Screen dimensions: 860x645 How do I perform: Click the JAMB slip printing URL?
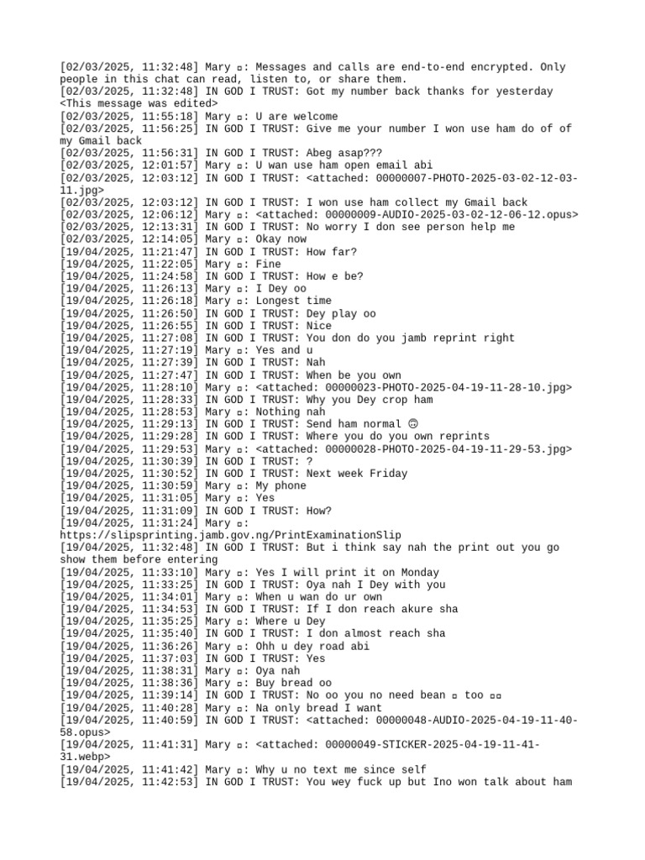pyautogui.click(x=230, y=536)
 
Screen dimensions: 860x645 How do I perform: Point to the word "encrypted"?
pyautogui.click(x=498, y=67)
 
